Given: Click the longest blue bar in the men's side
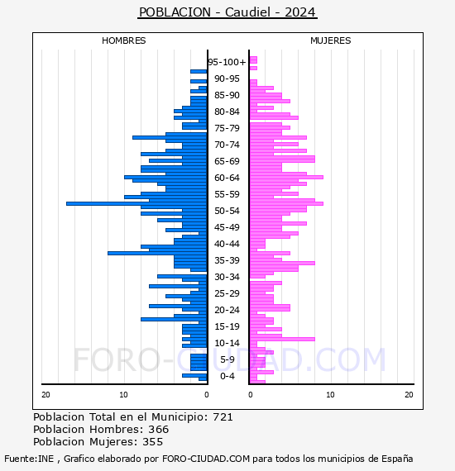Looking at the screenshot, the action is [x=136, y=203].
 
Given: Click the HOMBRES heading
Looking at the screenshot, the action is [x=123, y=40].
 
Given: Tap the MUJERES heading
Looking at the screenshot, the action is [x=331, y=40].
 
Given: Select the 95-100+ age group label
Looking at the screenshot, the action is [x=227, y=62].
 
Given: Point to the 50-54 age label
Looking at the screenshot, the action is [x=227, y=211].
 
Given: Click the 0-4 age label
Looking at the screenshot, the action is [x=227, y=376].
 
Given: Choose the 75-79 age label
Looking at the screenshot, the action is [x=227, y=128].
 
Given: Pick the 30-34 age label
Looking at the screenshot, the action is [x=227, y=277].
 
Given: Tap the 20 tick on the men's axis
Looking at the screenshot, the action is [x=45, y=395].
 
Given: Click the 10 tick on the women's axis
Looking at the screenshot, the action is [x=330, y=395].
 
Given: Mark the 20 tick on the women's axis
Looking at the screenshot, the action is [x=409, y=395].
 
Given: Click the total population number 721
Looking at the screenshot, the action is [x=223, y=417].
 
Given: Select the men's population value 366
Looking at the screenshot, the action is [x=159, y=429].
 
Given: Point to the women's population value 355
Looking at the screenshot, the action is [x=153, y=441].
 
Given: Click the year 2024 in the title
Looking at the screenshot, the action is [x=299, y=12].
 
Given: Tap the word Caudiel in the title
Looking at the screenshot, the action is [x=248, y=12].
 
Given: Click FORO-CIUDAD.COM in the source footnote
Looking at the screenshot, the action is [x=206, y=459].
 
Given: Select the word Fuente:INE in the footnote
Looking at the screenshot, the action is [x=29, y=459].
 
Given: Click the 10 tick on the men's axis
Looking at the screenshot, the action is [x=123, y=395].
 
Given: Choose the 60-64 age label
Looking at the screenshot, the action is [x=227, y=178].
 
